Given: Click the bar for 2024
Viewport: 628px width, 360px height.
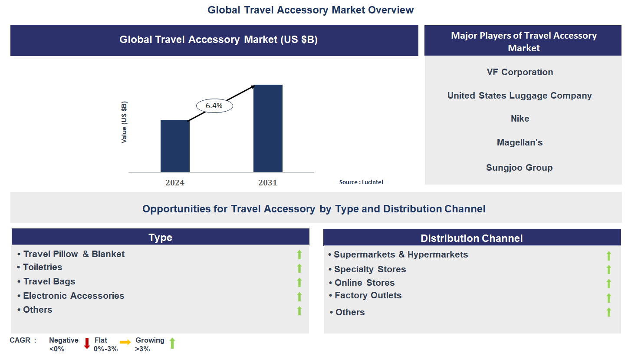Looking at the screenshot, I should (x=175, y=146).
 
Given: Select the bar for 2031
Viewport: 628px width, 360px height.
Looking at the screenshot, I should (x=268, y=129).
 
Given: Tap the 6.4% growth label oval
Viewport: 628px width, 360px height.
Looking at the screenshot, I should (x=214, y=106).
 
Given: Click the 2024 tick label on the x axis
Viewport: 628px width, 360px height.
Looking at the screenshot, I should (x=175, y=183).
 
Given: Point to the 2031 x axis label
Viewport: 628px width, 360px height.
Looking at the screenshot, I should (x=268, y=183).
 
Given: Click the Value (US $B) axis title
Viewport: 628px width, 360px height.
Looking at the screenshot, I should (x=125, y=122).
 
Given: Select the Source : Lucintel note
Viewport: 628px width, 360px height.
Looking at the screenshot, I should (x=361, y=182).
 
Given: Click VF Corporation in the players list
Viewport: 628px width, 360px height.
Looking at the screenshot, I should (x=520, y=72).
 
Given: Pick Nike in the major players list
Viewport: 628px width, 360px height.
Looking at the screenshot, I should (x=520, y=119).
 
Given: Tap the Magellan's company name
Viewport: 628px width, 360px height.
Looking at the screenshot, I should (x=520, y=142).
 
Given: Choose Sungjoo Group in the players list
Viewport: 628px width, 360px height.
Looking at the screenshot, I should (x=519, y=168).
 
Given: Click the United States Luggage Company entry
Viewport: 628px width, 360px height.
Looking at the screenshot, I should (x=519, y=96).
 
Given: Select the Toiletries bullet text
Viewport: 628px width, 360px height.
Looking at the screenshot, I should (x=43, y=267).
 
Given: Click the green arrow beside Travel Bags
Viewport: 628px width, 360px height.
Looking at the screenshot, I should (x=299, y=282).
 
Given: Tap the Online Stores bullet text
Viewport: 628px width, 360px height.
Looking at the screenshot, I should (x=365, y=283).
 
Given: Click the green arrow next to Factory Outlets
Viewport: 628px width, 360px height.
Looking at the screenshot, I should (x=608, y=297).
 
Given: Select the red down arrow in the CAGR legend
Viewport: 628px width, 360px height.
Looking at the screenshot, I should (x=87, y=343).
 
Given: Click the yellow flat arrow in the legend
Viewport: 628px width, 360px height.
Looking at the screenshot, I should (x=125, y=343).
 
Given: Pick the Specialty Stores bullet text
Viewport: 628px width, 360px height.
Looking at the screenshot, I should (x=370, y=269).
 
